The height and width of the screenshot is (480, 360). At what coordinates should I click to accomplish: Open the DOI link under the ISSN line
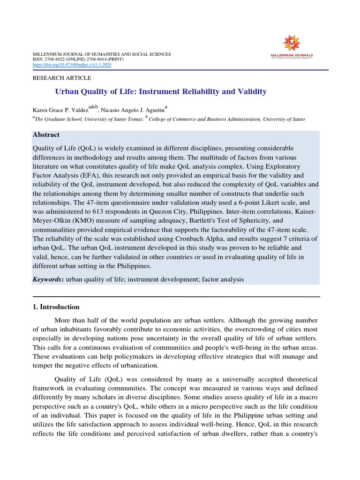pyautogui.click(x=72, y=65)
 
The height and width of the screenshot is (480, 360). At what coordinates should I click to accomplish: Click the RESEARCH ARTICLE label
pyautogui.click(x=61, y=78)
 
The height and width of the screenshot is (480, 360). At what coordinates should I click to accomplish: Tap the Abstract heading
pyautogui.click(x=46, y=135)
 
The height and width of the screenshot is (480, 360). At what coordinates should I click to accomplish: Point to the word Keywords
pyautogui.click(x=48, y=279)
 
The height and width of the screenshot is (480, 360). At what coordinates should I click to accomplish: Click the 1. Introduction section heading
pyautogui.click(x=56, y=307)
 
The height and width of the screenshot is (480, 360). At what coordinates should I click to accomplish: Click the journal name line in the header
pyautogui.click(x=101, y=54)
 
